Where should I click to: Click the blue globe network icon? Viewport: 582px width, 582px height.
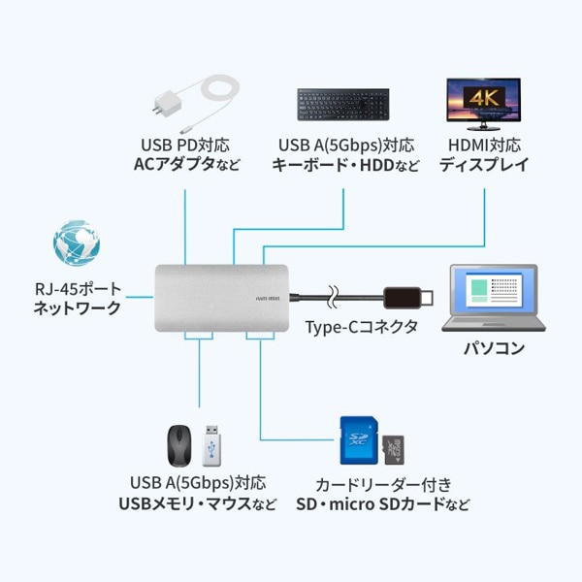coord(77,243)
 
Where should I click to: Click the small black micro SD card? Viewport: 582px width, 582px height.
coord(393,448)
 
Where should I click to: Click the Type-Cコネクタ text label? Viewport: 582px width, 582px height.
coord(361,327)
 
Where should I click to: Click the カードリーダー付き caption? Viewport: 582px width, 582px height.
coord(383,483)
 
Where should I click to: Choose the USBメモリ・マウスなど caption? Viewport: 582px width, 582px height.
coord(197,502)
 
